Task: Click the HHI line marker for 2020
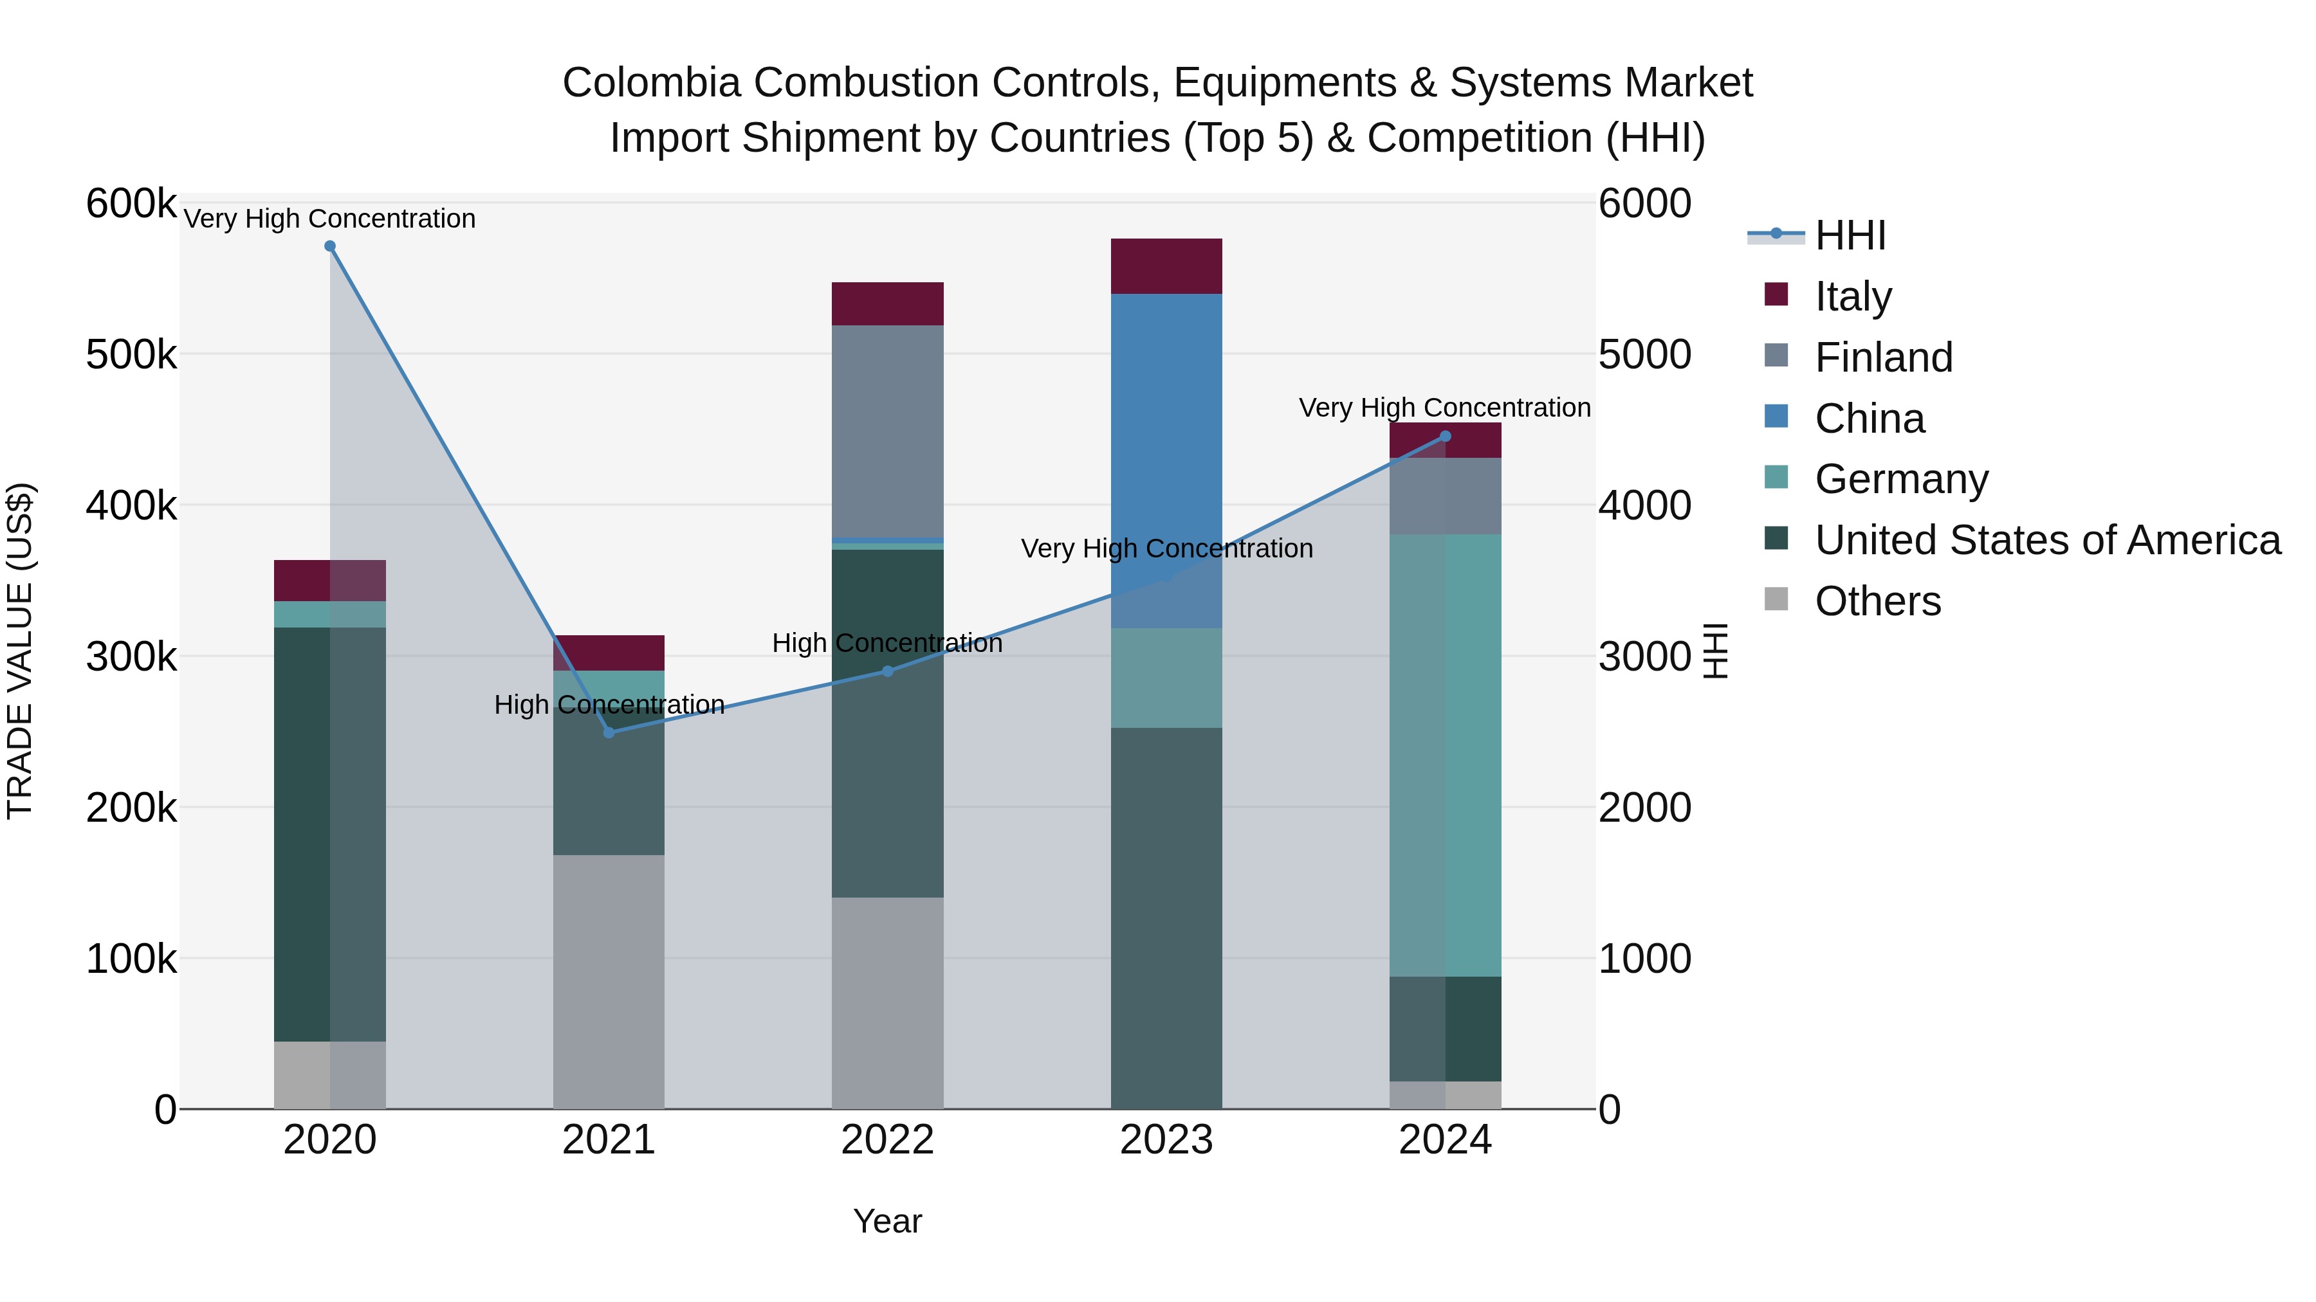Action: tap(330, 246)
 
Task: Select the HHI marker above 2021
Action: tap(609, 732)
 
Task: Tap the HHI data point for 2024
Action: tap(1446, 437)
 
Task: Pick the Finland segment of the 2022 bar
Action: tap(887, 431)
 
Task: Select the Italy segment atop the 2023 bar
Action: tap(1166, 266)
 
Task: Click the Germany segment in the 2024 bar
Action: tap(1446, 755)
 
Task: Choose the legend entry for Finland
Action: tap(1884, 357)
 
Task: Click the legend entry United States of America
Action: tap(2047, 540)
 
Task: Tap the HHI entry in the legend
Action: tap(1850, 235)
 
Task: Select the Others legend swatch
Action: tap(1776, 599)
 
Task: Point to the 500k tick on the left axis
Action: tap(131, 355)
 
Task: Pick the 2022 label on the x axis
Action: tap(887, 1140)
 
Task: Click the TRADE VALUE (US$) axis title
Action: tap(20, 651)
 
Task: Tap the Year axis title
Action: tap(887, 1221)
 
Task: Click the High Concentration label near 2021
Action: tap(609, 705)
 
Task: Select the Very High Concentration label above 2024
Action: tap(1445, 408)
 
